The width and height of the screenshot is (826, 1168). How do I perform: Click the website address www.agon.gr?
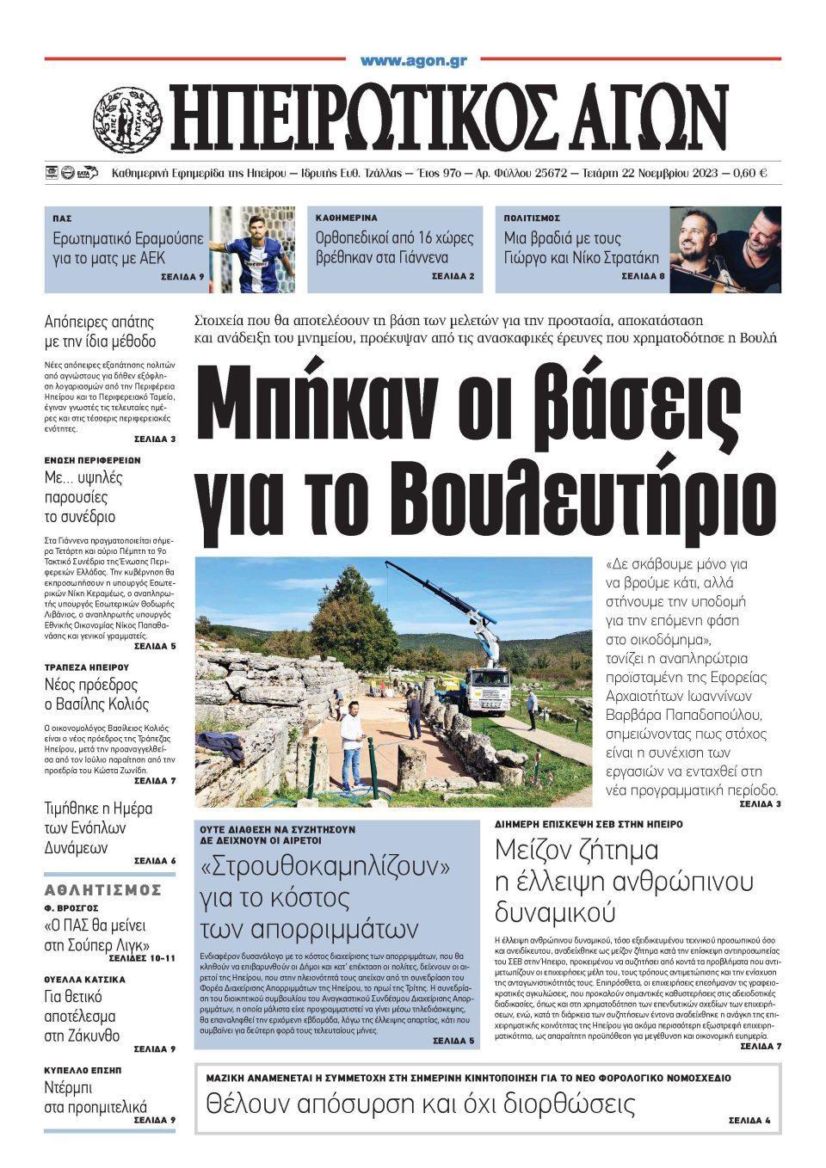tap(413, 61)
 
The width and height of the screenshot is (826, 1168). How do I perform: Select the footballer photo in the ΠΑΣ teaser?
tap(251, 249)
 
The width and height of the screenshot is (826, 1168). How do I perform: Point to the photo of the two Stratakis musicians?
tap(725, 249)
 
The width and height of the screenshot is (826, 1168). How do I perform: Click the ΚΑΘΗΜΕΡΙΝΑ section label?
tap(347, 218)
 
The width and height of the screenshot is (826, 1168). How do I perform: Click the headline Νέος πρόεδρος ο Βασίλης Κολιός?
tap(96, 695)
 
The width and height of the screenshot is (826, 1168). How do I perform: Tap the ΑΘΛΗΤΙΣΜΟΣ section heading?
tap(103, 890)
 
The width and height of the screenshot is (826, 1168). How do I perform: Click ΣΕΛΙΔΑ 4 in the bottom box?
tap(749, 1121)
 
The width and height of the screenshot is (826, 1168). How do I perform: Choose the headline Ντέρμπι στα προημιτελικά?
tap(96, 1097)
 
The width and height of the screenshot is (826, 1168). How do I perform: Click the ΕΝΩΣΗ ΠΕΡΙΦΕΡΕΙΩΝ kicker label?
tap(92, 460)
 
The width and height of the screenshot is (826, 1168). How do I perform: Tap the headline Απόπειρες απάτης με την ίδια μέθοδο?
tap(100, 332)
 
